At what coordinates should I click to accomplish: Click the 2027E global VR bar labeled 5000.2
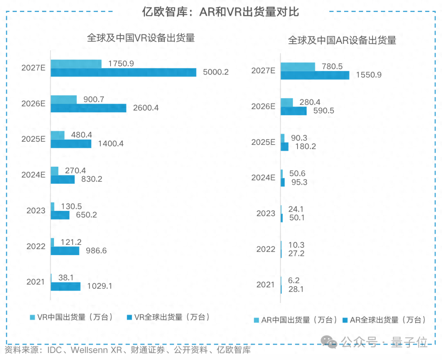click(123, 72)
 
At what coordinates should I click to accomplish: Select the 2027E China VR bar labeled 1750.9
click(76, 64)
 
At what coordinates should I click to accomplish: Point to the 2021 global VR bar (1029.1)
click(65, 286)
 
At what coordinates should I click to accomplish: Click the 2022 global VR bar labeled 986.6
click(65, 251)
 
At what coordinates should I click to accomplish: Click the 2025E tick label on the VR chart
click(34, 139)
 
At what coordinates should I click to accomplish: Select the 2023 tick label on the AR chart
click(266, 213)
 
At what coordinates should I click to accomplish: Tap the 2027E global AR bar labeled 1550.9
click(315, 75)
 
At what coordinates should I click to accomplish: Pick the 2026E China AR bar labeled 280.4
click(286, 102)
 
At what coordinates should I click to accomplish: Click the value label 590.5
click(324, 111)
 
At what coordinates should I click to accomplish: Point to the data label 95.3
click(299, 182)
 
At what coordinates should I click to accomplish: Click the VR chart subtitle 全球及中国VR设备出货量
click(140, 38)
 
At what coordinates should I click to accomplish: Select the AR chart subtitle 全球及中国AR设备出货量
click(342, 40)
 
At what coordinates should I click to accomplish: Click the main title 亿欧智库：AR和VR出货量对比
click(220, 12)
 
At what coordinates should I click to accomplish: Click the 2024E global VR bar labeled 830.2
click(63, 179)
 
